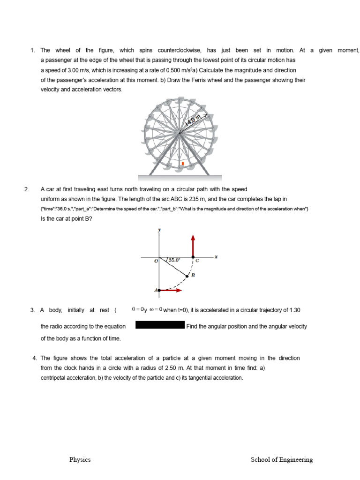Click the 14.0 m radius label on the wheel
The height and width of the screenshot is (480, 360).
(193, 120)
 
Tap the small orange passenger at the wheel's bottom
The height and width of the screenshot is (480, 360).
(182, 164)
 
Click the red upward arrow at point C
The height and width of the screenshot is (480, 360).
(192, 245)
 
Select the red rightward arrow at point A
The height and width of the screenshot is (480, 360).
(172, 291)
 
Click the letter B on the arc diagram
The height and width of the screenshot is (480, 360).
(193, 276)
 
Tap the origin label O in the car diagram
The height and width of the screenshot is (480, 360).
(156, 262)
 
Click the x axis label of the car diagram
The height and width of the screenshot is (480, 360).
(216, 256)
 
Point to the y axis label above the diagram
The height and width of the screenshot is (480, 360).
(159, 230)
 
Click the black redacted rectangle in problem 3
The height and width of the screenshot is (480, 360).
(160, 325)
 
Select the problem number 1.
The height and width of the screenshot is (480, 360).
(32, 50)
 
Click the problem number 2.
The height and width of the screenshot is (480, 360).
(27, 189)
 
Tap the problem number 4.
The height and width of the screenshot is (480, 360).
(35, 358)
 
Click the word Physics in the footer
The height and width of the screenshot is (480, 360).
(80, 460)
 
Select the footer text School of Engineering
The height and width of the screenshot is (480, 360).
(282, 460)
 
